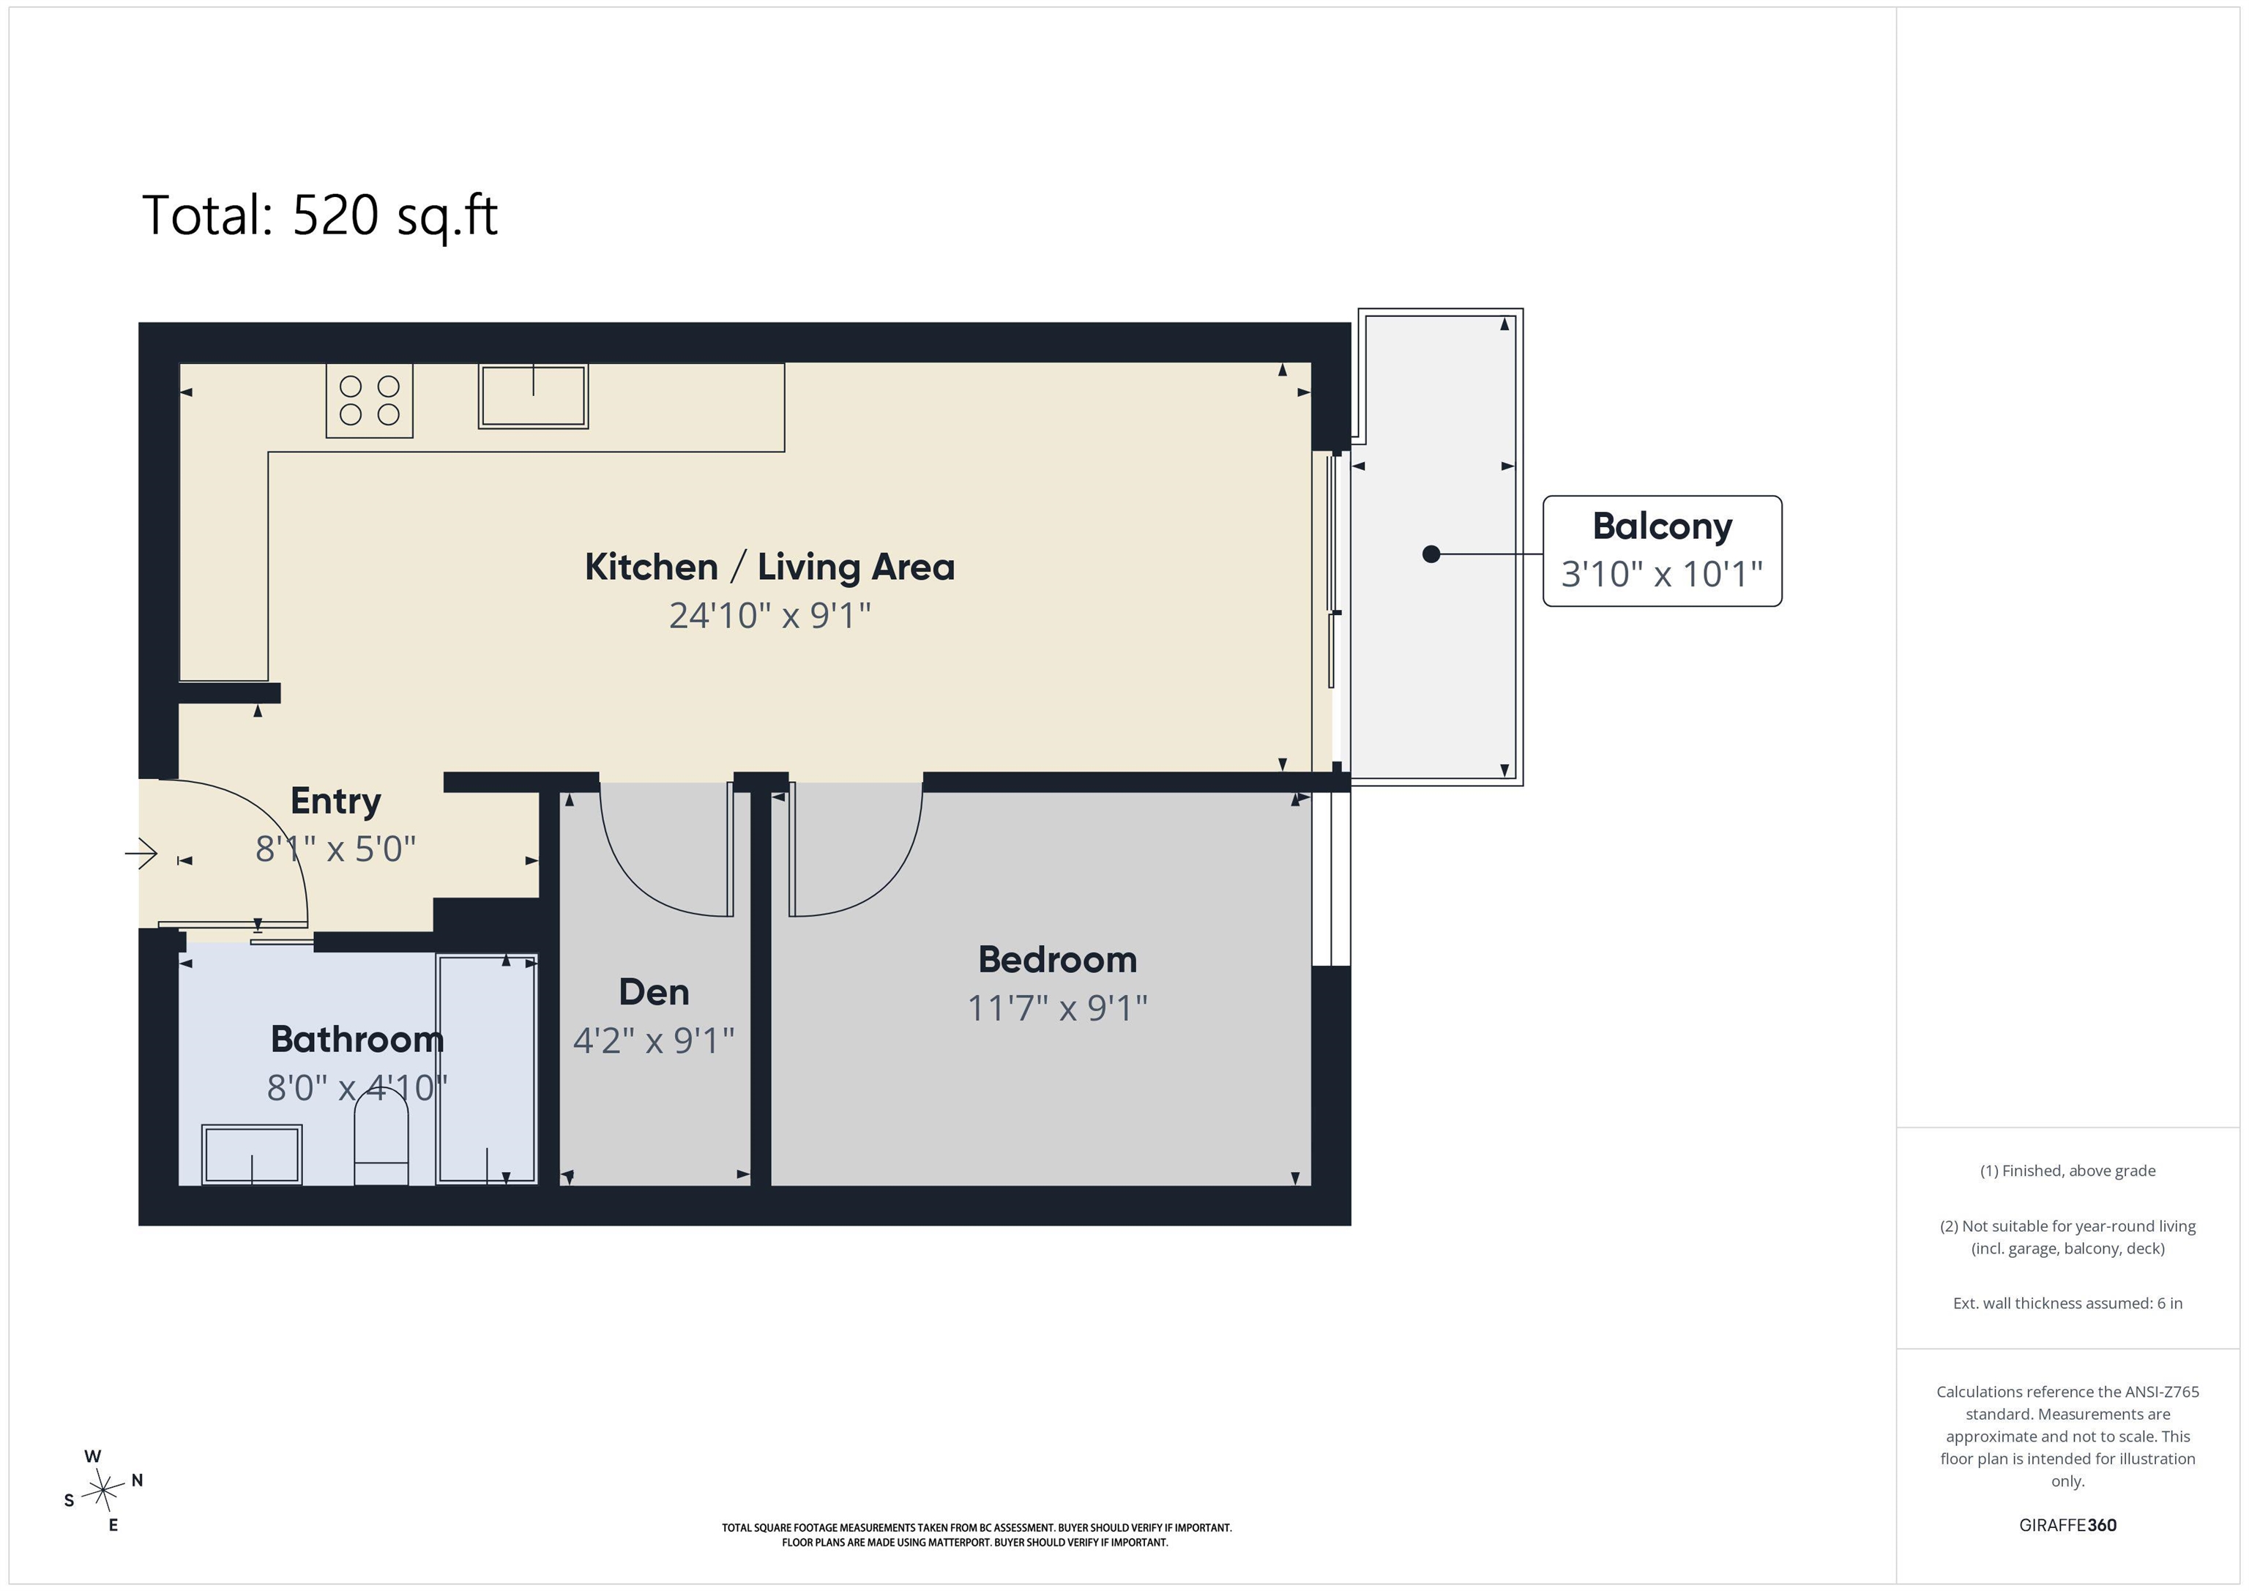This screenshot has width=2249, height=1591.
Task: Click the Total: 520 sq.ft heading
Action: pos(321,215)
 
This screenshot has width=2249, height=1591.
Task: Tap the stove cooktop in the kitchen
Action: pos(369,400)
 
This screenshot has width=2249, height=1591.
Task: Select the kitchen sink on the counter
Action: pos(533,396)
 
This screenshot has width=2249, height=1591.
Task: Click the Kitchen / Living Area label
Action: pos(770,567)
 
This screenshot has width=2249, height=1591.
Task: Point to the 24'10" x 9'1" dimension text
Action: pos(770,615)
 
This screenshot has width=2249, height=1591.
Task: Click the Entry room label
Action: pos(336,802)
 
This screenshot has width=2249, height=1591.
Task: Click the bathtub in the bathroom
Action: pos(487,1069)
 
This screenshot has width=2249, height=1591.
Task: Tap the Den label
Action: pos(654,992)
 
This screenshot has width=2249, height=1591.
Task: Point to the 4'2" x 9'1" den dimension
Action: pos(654,1040)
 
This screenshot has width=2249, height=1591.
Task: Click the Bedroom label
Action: pos(1058,960)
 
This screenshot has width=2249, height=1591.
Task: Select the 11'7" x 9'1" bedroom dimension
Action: pos(1058,1008)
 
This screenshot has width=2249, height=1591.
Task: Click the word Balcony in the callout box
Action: pos(1663,526)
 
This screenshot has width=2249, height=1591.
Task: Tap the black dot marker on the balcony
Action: pos(1431,554)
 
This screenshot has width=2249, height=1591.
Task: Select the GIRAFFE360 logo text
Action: pos(2067,1525)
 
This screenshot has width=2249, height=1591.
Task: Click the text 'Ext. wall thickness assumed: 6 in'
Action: pos(2067,1303)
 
